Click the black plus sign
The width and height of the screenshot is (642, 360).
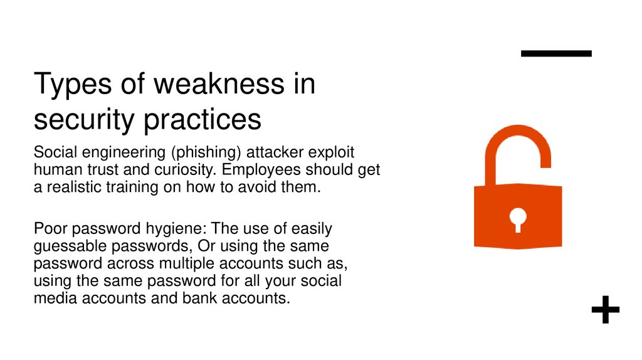pyautogui.click(x=605, y=310)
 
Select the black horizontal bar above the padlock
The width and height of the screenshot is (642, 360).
pyautogui.click(x=556, y=54)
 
